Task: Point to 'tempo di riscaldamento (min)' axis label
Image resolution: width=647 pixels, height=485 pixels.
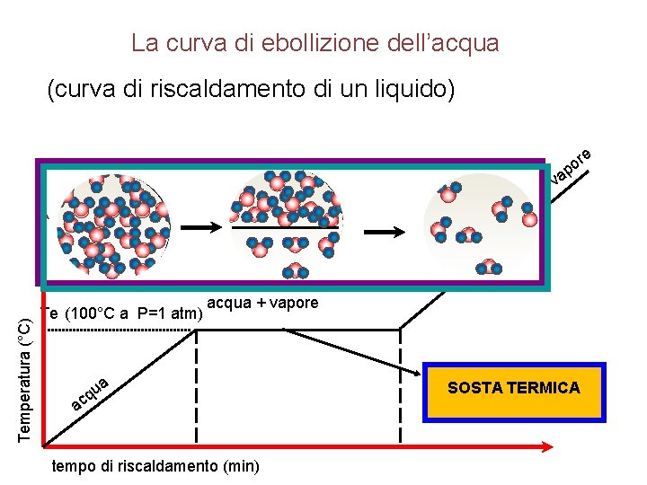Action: tap(155, 466)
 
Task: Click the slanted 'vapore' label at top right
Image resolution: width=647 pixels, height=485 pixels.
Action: tap(572, 164)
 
